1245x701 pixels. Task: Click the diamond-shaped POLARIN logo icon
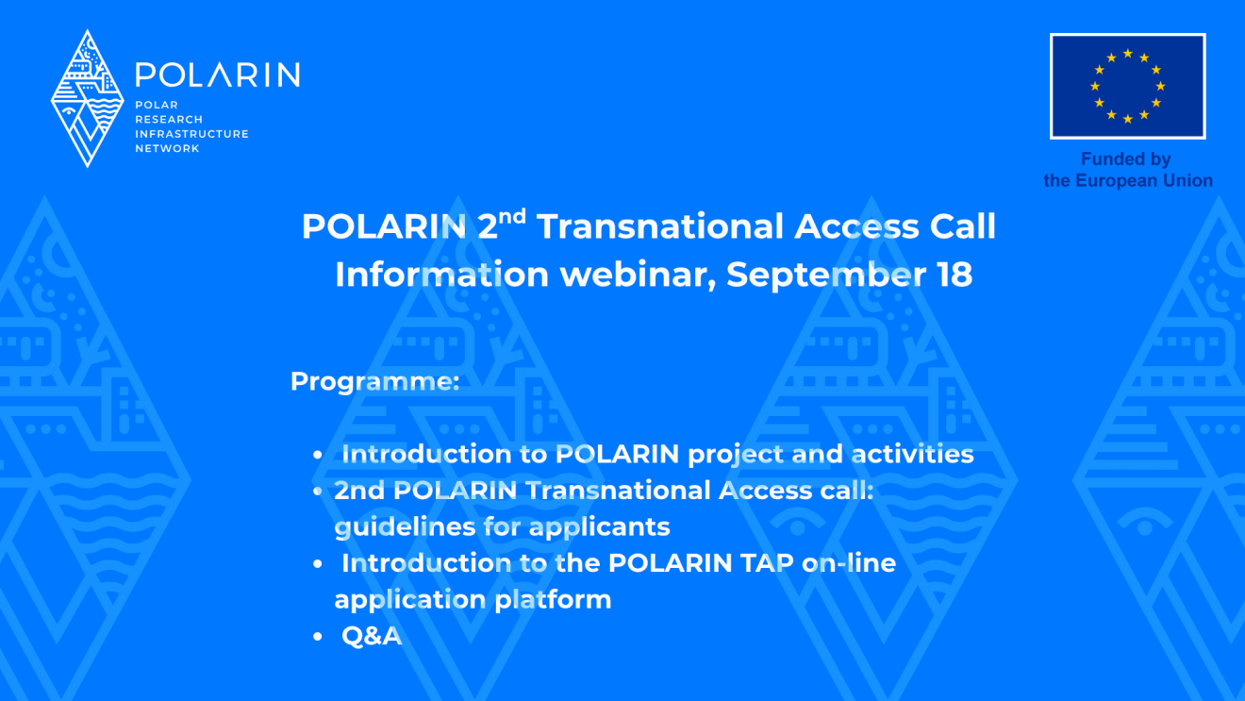coord(87,98)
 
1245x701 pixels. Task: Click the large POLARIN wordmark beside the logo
coord(217,75)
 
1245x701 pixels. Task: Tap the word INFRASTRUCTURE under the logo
coord(191,134)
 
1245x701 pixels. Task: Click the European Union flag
coord(1127,87)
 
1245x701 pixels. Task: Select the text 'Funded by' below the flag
coord(1125,159)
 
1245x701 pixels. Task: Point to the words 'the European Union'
coord(1128,180)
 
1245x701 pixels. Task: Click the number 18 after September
coord(954,275)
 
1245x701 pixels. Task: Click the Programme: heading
coord(374,382)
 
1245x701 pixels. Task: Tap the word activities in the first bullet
coord(912,454)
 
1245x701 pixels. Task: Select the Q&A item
coord(372,636)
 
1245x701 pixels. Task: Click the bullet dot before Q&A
coord(318,638)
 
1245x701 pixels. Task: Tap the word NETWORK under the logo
coord(167,149)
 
